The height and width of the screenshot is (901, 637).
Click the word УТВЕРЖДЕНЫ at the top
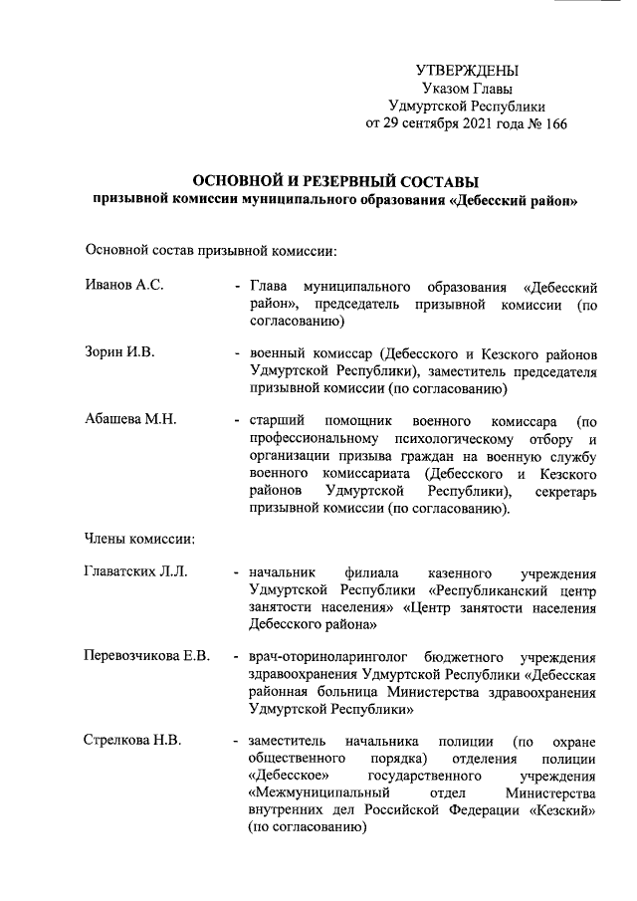point(467,71)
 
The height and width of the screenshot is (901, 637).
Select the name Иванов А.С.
point(124,286)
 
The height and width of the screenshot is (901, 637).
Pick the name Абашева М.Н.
point(131,419)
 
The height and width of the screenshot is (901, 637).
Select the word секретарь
point(563,492)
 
